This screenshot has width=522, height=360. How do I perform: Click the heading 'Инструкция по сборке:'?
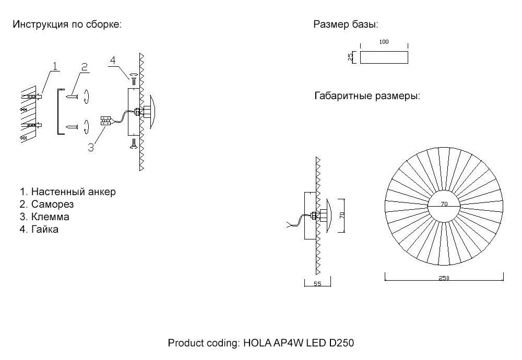tap(67, 25)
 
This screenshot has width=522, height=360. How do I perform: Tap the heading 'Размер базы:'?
tap(346, 25)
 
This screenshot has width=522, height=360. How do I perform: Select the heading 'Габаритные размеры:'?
tap(367, 96)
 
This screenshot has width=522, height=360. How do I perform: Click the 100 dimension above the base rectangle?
tap(384, 42)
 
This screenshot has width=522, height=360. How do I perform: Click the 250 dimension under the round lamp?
tap(444, 278)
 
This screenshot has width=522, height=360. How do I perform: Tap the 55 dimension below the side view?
tap(317, 284)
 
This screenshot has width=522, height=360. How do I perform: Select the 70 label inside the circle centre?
tap(444, 203)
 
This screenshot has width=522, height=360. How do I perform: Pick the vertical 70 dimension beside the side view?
tap(342, 215)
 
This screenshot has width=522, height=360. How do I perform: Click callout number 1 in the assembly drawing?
tap(55, 66)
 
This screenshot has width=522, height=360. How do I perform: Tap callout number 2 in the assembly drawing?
tap(85, 67)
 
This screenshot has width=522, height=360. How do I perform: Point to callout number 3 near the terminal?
tap(91, 147)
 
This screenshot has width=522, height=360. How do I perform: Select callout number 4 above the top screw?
tap(113, 61)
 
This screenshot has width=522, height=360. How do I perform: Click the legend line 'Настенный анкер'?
tap(74, 191)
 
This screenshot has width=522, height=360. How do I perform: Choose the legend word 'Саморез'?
tap(52, 205)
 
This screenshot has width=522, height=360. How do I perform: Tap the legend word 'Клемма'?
tap(50, 217)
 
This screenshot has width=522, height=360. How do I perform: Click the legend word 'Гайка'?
tap(44, 229)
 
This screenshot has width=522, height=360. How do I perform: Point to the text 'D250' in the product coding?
tap(341, 343)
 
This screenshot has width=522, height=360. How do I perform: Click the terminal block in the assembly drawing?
tap(105, 121)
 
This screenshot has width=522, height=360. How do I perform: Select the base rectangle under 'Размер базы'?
tap(384, 57)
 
